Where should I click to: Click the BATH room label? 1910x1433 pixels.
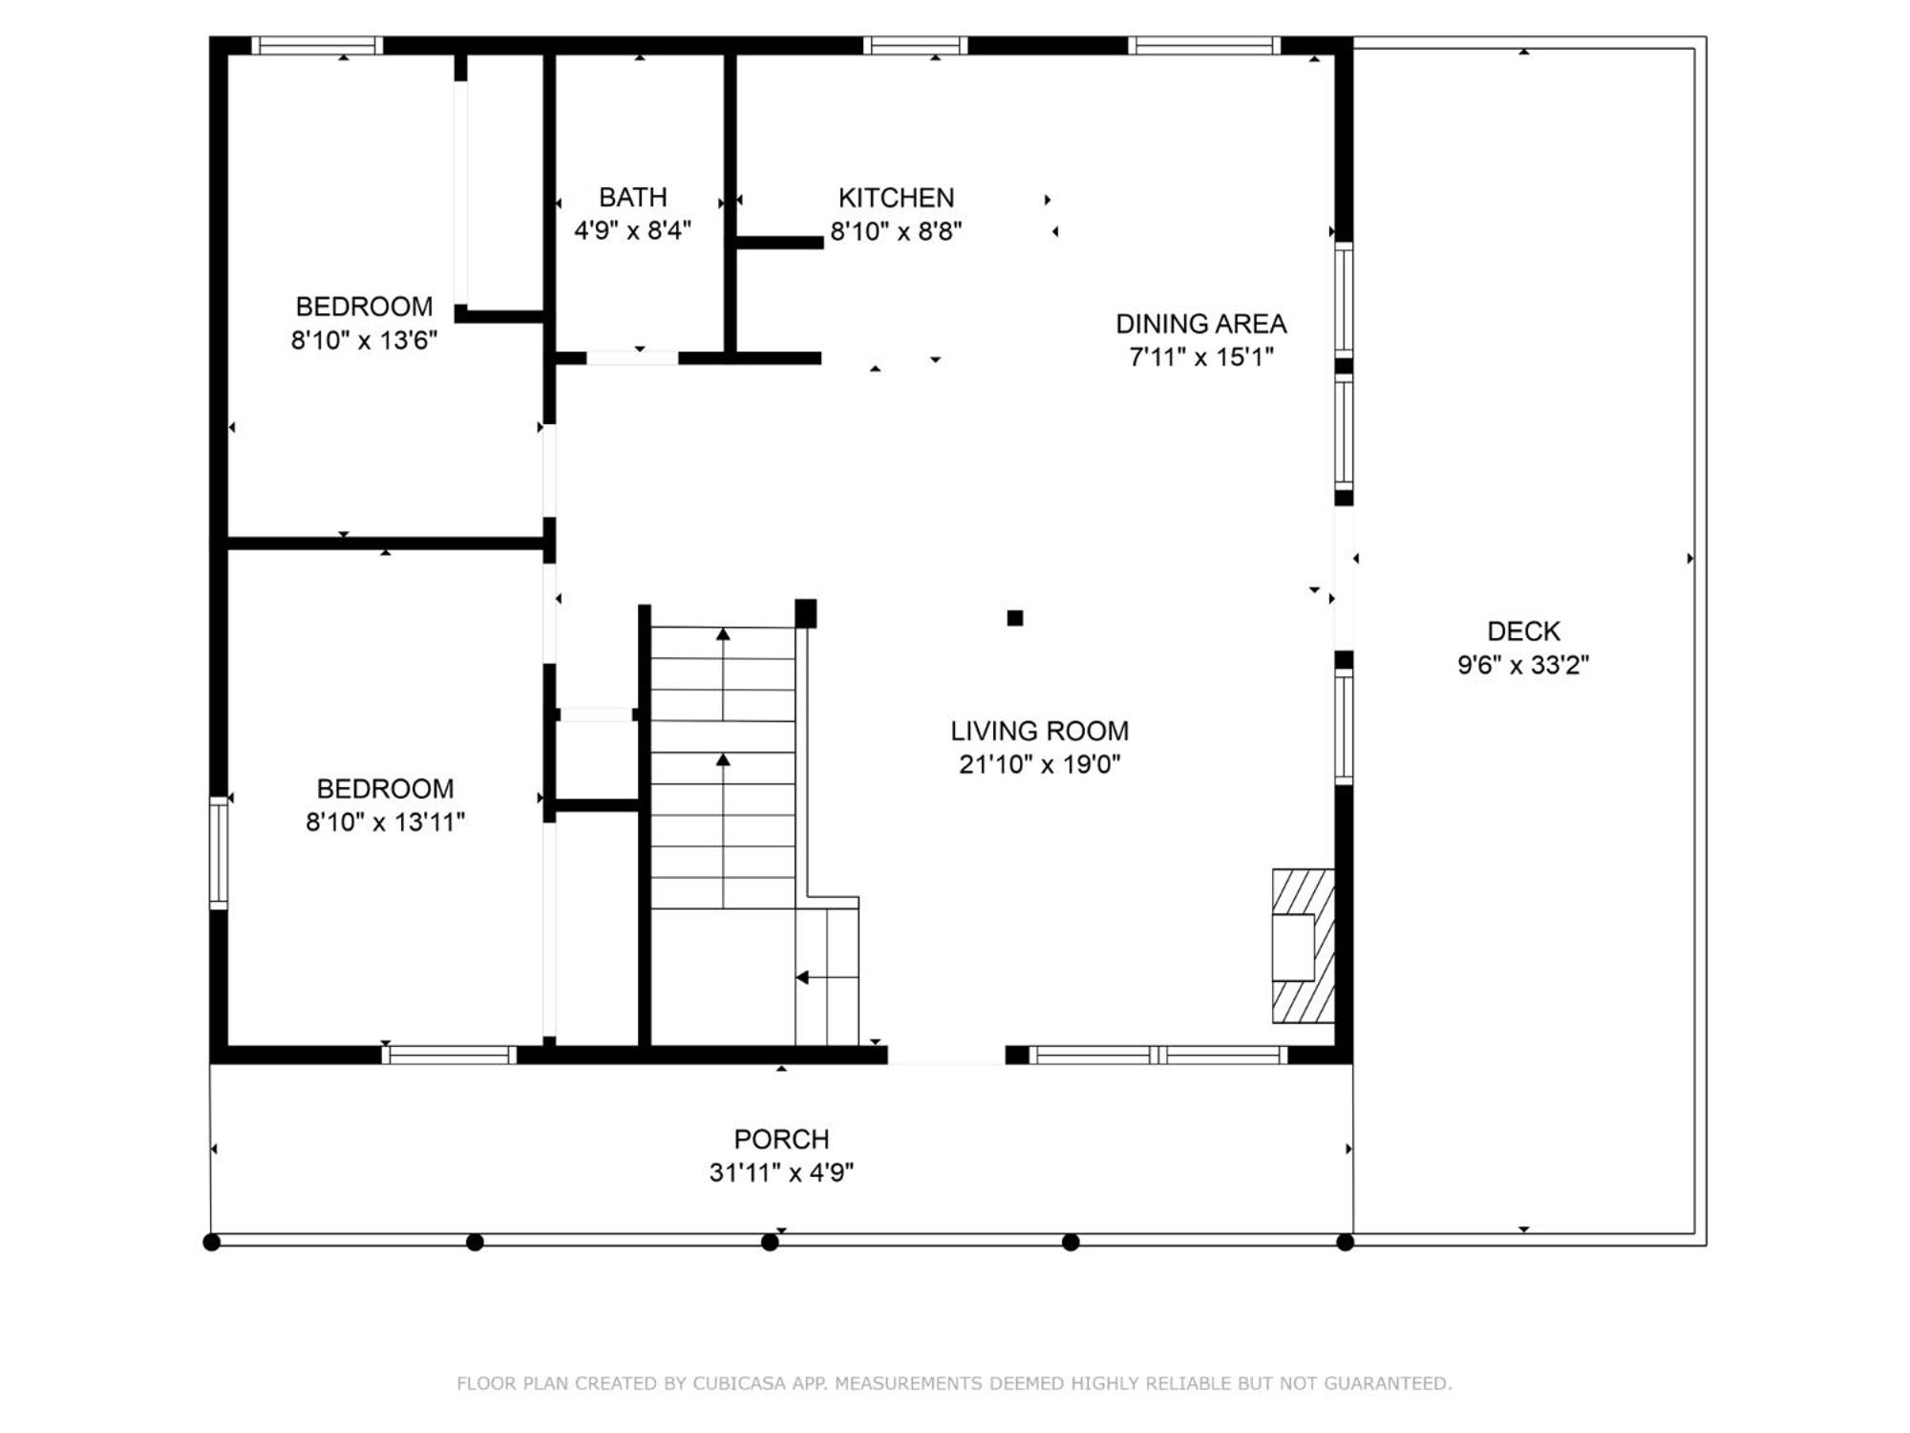coord(632,197)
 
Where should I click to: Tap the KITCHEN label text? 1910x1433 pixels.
coord(896,198)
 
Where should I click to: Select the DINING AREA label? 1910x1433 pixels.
coord(1200,324)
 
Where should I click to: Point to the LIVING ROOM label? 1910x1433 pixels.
coord(1039,731)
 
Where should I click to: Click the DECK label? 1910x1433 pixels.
coord(1523,631)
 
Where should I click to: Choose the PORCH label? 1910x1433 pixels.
coord(781,1139)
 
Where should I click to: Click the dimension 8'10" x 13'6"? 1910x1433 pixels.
coord(364,340)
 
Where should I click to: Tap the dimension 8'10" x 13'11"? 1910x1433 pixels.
coord(385,822)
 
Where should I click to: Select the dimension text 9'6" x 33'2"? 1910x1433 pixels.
coord(1523,664)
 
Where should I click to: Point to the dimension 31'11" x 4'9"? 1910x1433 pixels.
coord(781,1172)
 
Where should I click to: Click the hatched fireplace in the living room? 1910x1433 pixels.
coord(1303,946)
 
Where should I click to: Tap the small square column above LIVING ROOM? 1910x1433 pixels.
coord(1015,618)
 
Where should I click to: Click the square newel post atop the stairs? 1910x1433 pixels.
coord(805,613)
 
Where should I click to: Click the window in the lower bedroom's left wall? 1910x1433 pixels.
coord(219,852)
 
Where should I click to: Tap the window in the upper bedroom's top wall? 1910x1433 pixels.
coord(317,45)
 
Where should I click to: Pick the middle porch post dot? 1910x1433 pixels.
coord(770,1242)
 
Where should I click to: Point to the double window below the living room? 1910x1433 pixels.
coord(1158,1055)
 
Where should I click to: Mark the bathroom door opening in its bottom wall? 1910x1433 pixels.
coord(632,358)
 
